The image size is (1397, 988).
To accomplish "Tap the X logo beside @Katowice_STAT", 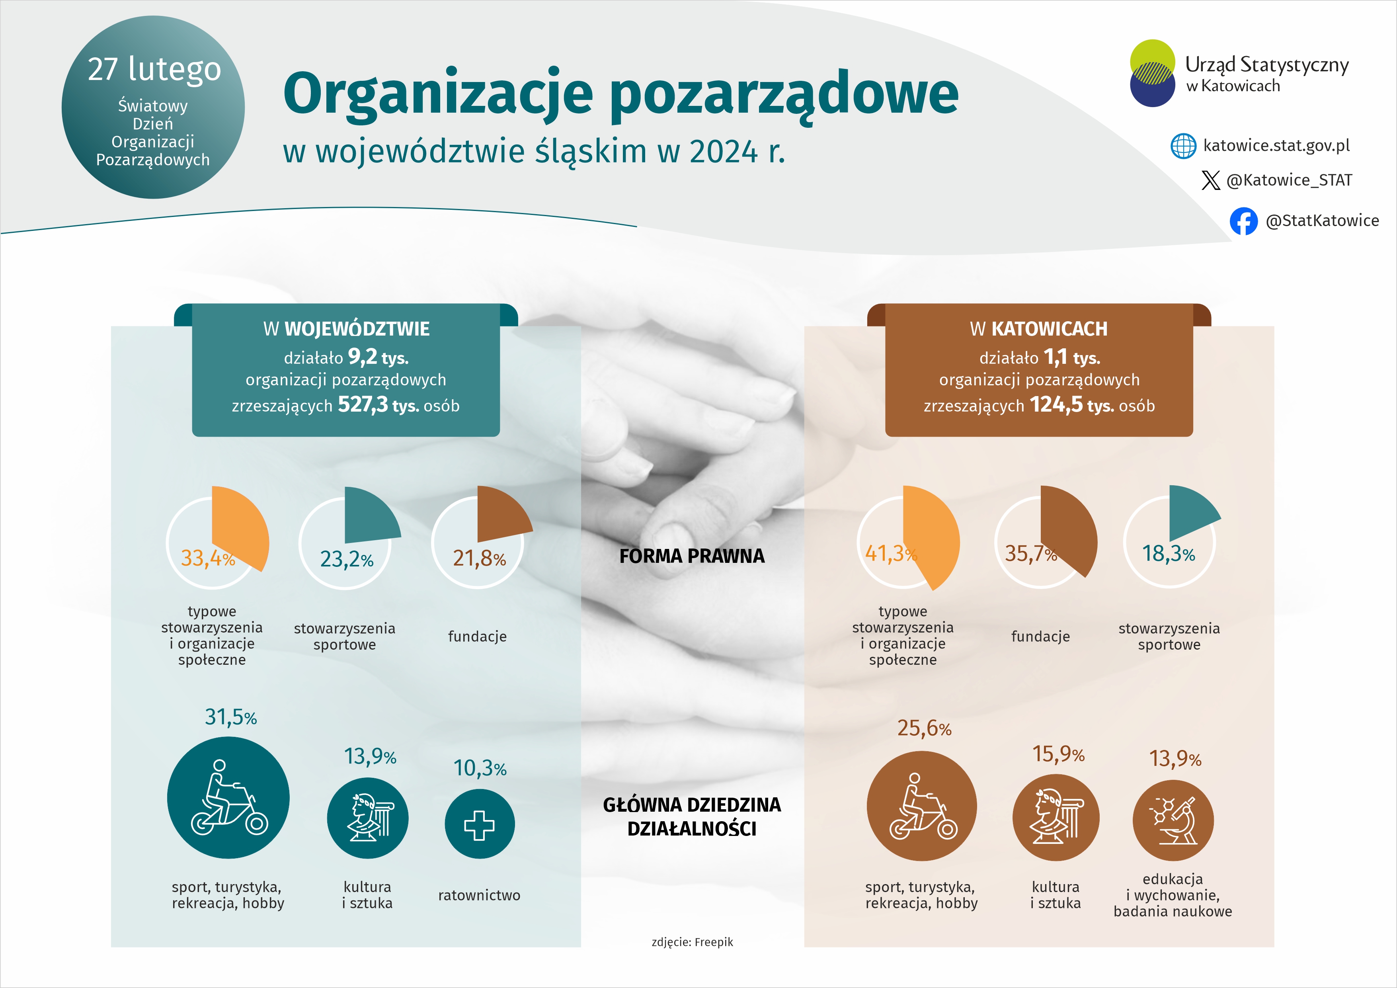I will click(1210, 180).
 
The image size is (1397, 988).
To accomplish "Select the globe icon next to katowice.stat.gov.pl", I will click(1183, 146).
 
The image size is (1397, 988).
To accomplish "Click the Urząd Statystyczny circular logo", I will click(1152, 73).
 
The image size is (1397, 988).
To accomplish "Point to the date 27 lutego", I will click(154, 69).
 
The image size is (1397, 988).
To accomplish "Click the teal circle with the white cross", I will click(480, 824).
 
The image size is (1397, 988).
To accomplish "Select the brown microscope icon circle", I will click(1173, 821).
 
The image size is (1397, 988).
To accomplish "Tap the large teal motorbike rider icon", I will click(228, 798).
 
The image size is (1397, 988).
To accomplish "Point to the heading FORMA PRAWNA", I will click(692, 556).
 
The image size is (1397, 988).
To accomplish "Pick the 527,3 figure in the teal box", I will click(362, 404).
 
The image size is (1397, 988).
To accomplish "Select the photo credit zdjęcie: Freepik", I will click(692, 942).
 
